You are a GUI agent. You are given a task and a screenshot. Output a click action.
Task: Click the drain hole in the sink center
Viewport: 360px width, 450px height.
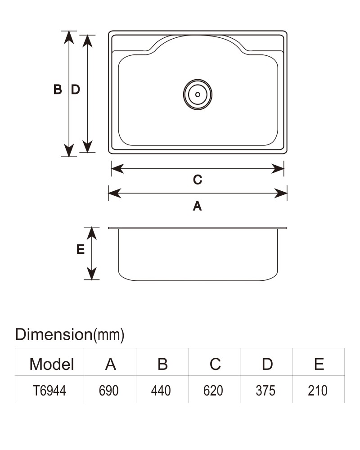tap(198, 94)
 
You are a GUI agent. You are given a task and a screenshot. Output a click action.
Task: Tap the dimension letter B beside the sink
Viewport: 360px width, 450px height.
tap(58, 90)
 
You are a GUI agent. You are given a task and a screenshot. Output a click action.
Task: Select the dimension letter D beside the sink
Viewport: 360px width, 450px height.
tap(75, 90)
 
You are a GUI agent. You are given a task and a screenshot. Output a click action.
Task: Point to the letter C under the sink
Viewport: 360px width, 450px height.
tap(198, 180)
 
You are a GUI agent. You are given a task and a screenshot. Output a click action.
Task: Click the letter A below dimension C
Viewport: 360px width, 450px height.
tap(197, 206)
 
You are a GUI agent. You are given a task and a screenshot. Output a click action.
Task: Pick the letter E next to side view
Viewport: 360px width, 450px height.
tap(81, 249)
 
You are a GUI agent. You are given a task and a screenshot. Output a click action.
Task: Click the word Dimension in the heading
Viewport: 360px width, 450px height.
tap(54, 334)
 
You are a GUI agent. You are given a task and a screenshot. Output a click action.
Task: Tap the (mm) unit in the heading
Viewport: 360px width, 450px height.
tap(109, 335)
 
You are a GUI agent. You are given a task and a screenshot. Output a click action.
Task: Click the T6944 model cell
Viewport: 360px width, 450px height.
tap(49, 391)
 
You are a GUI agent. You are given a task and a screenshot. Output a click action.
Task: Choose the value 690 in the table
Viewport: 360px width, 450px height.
tap(108, 391)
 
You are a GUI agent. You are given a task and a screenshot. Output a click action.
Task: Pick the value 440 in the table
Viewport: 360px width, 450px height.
tap(161, 391)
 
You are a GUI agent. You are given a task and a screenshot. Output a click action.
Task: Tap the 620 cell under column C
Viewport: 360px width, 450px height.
tap(213, 391)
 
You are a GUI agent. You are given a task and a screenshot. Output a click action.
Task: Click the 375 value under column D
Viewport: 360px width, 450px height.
tap(265, 391)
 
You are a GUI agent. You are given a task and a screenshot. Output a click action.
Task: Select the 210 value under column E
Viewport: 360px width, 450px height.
tap(318, 391)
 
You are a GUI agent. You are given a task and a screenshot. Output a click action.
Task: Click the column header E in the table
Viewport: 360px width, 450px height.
tap(319, 364)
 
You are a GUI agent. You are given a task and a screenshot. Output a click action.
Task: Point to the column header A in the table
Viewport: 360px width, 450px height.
tap(111, 364)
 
